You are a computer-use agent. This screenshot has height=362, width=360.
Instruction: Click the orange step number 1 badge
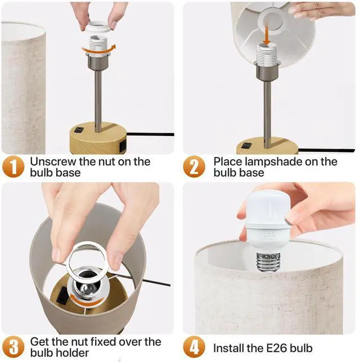click(13, 166)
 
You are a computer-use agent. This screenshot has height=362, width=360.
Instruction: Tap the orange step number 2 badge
click(194, 166)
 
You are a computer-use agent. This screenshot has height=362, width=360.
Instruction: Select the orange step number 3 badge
click(13, 347)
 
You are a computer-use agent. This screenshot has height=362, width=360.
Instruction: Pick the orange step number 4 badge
click(194, 347)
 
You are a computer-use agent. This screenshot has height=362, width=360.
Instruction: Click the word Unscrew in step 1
click(53, 161)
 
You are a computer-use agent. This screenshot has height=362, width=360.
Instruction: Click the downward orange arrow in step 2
click(267, 36)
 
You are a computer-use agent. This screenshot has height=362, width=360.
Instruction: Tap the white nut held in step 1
click(98, 26)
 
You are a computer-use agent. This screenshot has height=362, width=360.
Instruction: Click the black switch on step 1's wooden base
click(79, 130)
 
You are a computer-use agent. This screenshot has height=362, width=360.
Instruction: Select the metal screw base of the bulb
click(268, 262)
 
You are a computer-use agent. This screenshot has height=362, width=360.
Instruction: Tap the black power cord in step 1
click(150, 134)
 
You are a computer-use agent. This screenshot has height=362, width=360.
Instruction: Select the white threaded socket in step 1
click(98, 44)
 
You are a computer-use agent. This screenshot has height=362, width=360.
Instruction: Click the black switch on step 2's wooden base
click(246, 146)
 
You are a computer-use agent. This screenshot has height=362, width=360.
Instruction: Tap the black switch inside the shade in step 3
click(62, 296)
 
